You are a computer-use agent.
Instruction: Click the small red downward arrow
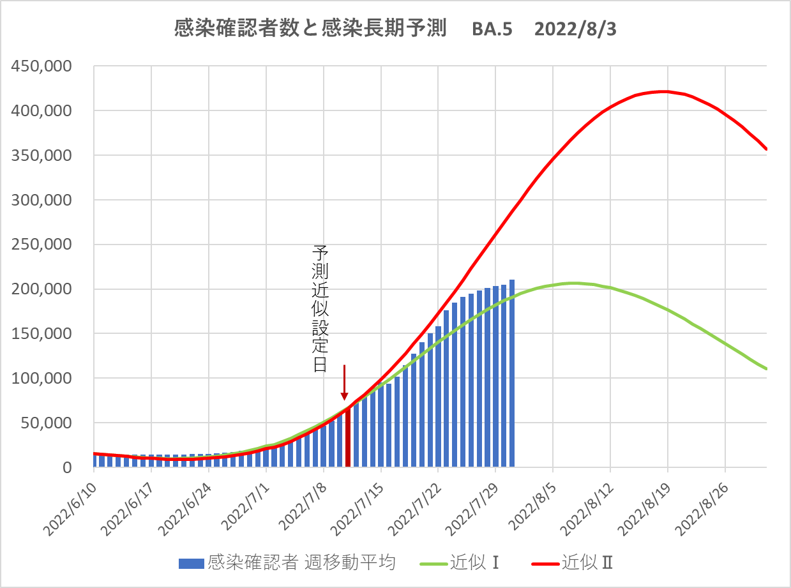click(x=345, y=383)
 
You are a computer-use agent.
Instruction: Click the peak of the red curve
click(x=664, y=91)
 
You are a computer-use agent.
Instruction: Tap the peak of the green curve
click(x=573, y=283)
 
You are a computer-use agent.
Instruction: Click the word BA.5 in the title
click(x=492, y=30)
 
